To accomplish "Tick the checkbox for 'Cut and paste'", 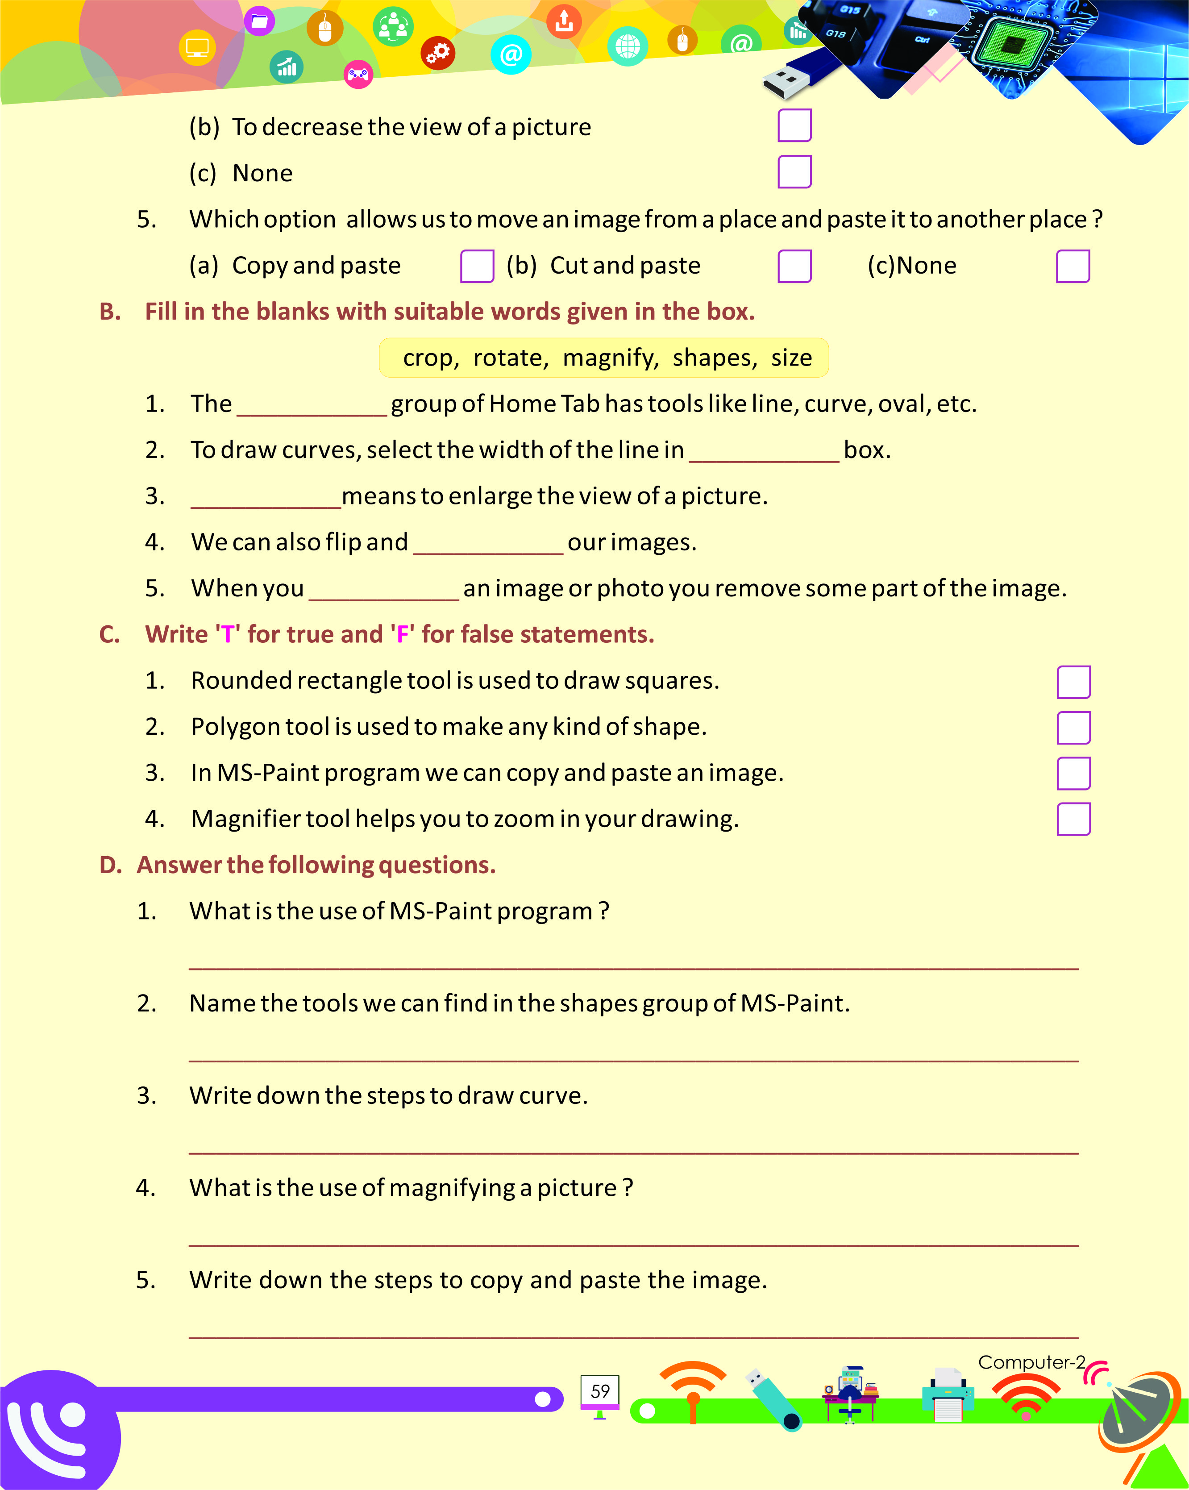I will pos(794,266).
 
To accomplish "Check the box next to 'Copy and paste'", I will pos(477,266).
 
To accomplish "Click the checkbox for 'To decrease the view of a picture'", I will pos(794,125).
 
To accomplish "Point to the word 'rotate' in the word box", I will pos(510,358).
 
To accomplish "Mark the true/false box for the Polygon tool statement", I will pos(1073,728).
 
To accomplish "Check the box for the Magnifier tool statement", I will pos(1073,819).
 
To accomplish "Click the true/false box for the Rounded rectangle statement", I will pos(1073,682).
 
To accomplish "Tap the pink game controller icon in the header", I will pos(358,74).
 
